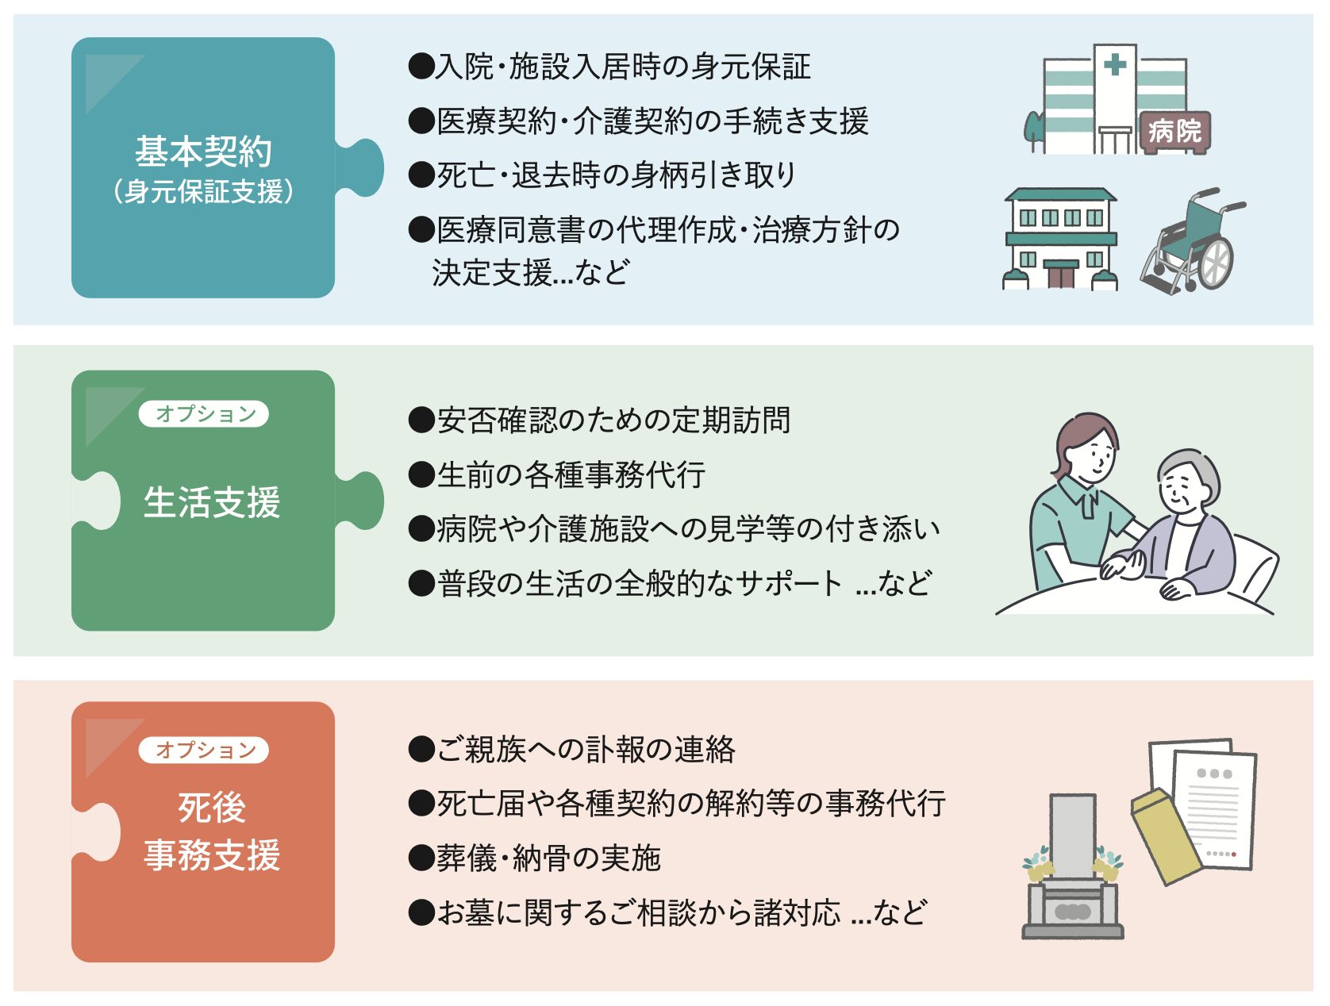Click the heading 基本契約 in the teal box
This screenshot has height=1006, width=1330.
pos(203,152)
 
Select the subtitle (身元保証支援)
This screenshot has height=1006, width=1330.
pos(203,191)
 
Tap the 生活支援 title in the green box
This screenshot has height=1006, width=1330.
pos(211,502)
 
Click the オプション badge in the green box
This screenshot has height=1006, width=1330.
pos(204,413)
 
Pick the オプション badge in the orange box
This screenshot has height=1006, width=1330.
pos(204,750)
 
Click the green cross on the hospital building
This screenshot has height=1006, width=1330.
pos(1115,64)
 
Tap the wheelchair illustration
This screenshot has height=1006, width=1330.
pos(1193,241)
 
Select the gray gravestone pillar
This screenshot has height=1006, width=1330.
pos(1072,836)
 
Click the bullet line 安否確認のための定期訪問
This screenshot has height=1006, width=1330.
pos(599,420)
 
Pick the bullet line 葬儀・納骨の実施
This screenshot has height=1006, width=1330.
pos(534,858)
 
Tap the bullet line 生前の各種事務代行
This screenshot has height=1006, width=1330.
pos(557,474)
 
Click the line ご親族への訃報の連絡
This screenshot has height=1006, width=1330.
pos(572,749)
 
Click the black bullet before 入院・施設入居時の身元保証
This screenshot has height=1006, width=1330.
pos(421,66)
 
